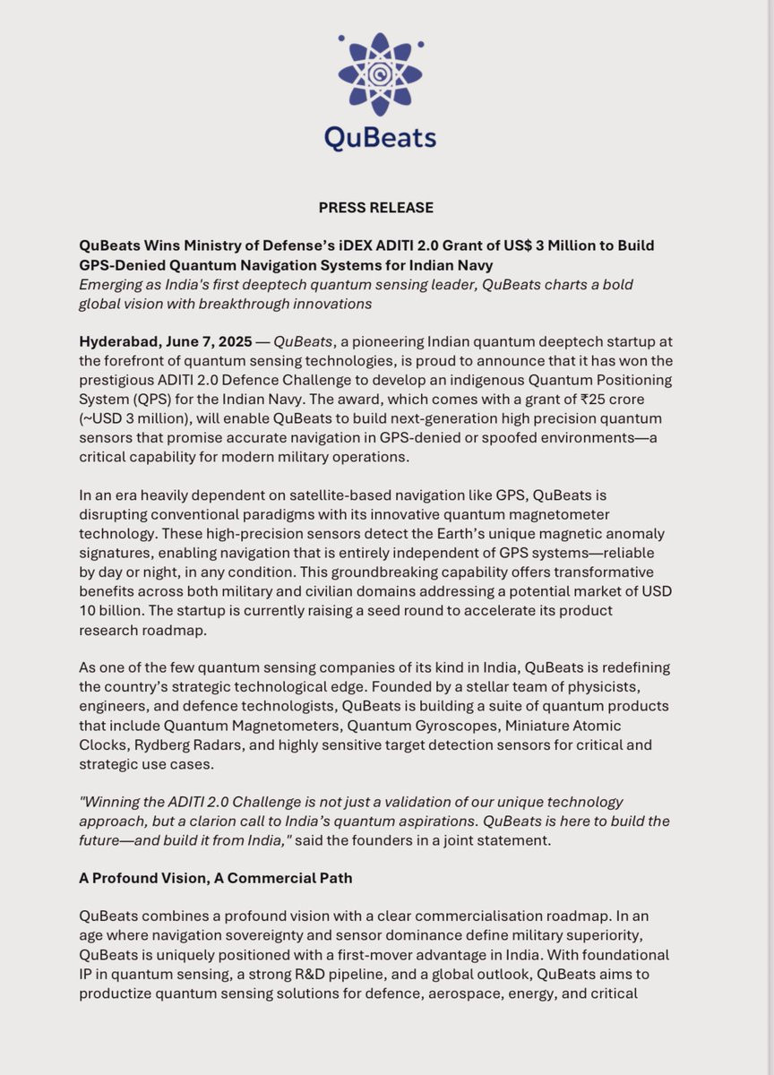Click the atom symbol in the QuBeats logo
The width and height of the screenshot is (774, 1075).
(381, 73)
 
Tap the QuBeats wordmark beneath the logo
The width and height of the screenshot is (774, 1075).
(381, 137)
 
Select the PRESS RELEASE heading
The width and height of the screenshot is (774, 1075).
(376, 208)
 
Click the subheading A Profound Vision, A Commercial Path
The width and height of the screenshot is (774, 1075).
(216, 878)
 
